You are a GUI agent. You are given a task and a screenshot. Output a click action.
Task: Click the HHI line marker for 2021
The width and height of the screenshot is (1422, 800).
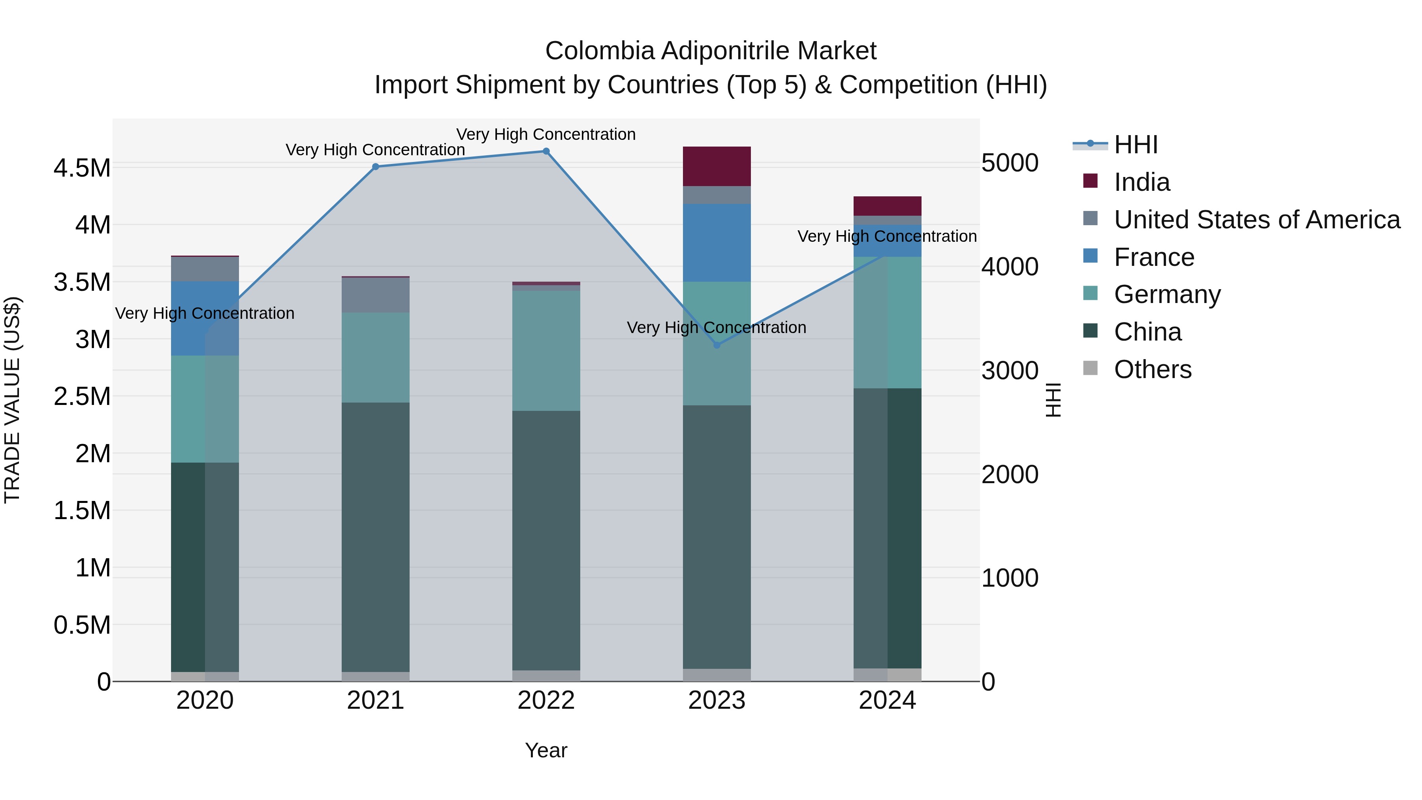point(375,167)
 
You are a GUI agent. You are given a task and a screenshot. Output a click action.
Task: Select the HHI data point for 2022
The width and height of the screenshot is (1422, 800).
point(546,151)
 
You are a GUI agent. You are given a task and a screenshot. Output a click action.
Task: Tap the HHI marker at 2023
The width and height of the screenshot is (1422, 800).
point(717,345)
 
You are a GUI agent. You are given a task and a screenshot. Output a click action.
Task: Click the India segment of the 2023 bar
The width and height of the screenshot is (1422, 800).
point(717,166)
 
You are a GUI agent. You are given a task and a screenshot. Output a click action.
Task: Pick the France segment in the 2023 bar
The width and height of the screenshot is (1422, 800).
point(717,243)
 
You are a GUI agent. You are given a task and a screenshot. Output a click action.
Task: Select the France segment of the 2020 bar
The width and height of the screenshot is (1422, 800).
point(205,318)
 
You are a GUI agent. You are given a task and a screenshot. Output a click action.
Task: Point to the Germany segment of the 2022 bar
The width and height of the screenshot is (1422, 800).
point(546,350)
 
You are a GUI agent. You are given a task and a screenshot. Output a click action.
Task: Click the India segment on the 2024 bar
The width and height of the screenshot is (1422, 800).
point(887,206)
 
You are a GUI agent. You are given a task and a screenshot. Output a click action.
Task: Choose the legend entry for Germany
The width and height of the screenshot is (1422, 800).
point(1167,294)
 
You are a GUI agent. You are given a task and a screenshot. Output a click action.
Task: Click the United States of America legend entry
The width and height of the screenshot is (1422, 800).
point(1256,220)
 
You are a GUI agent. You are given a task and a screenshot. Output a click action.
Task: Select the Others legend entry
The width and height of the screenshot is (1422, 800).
point(1152,369)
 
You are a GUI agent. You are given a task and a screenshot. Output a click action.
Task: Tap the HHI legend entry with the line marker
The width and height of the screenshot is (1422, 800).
point(1135,145)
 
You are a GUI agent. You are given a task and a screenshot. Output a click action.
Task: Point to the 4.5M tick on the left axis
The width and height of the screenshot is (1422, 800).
point(82,168)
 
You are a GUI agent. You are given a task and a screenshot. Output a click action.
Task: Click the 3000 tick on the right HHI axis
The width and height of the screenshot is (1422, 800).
point(1010,371)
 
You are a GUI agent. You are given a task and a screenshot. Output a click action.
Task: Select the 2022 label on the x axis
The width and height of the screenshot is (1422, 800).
point(546,700)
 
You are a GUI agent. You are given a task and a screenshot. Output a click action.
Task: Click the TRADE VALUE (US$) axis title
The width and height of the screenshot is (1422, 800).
point(12,400)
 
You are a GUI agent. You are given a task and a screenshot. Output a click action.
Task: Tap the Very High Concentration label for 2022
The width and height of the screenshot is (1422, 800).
point(546,134)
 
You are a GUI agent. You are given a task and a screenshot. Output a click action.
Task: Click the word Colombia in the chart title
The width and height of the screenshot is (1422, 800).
point(600,51)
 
